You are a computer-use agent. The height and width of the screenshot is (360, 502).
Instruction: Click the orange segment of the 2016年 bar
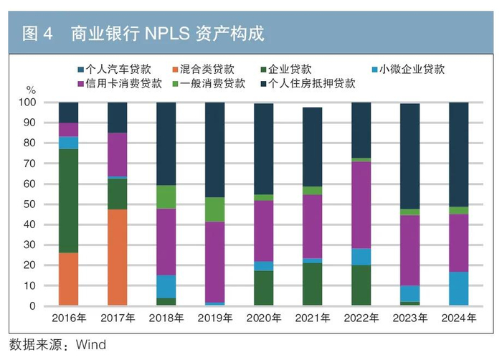tap(68, 279)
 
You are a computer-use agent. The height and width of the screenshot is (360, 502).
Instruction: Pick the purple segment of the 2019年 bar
tap(214, 262)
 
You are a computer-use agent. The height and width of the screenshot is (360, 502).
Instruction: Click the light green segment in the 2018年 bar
tap(166, 196)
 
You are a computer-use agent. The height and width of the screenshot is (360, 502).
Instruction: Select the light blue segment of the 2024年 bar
tap(458, 288)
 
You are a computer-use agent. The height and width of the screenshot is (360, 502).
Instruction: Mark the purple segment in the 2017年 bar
tap(117, 154)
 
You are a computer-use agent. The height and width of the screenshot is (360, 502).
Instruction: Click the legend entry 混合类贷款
tap(209, 70)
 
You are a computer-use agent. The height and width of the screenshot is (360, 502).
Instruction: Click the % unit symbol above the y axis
tap(31, 90)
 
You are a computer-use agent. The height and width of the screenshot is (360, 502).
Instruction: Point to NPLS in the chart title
tap(171, 33)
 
